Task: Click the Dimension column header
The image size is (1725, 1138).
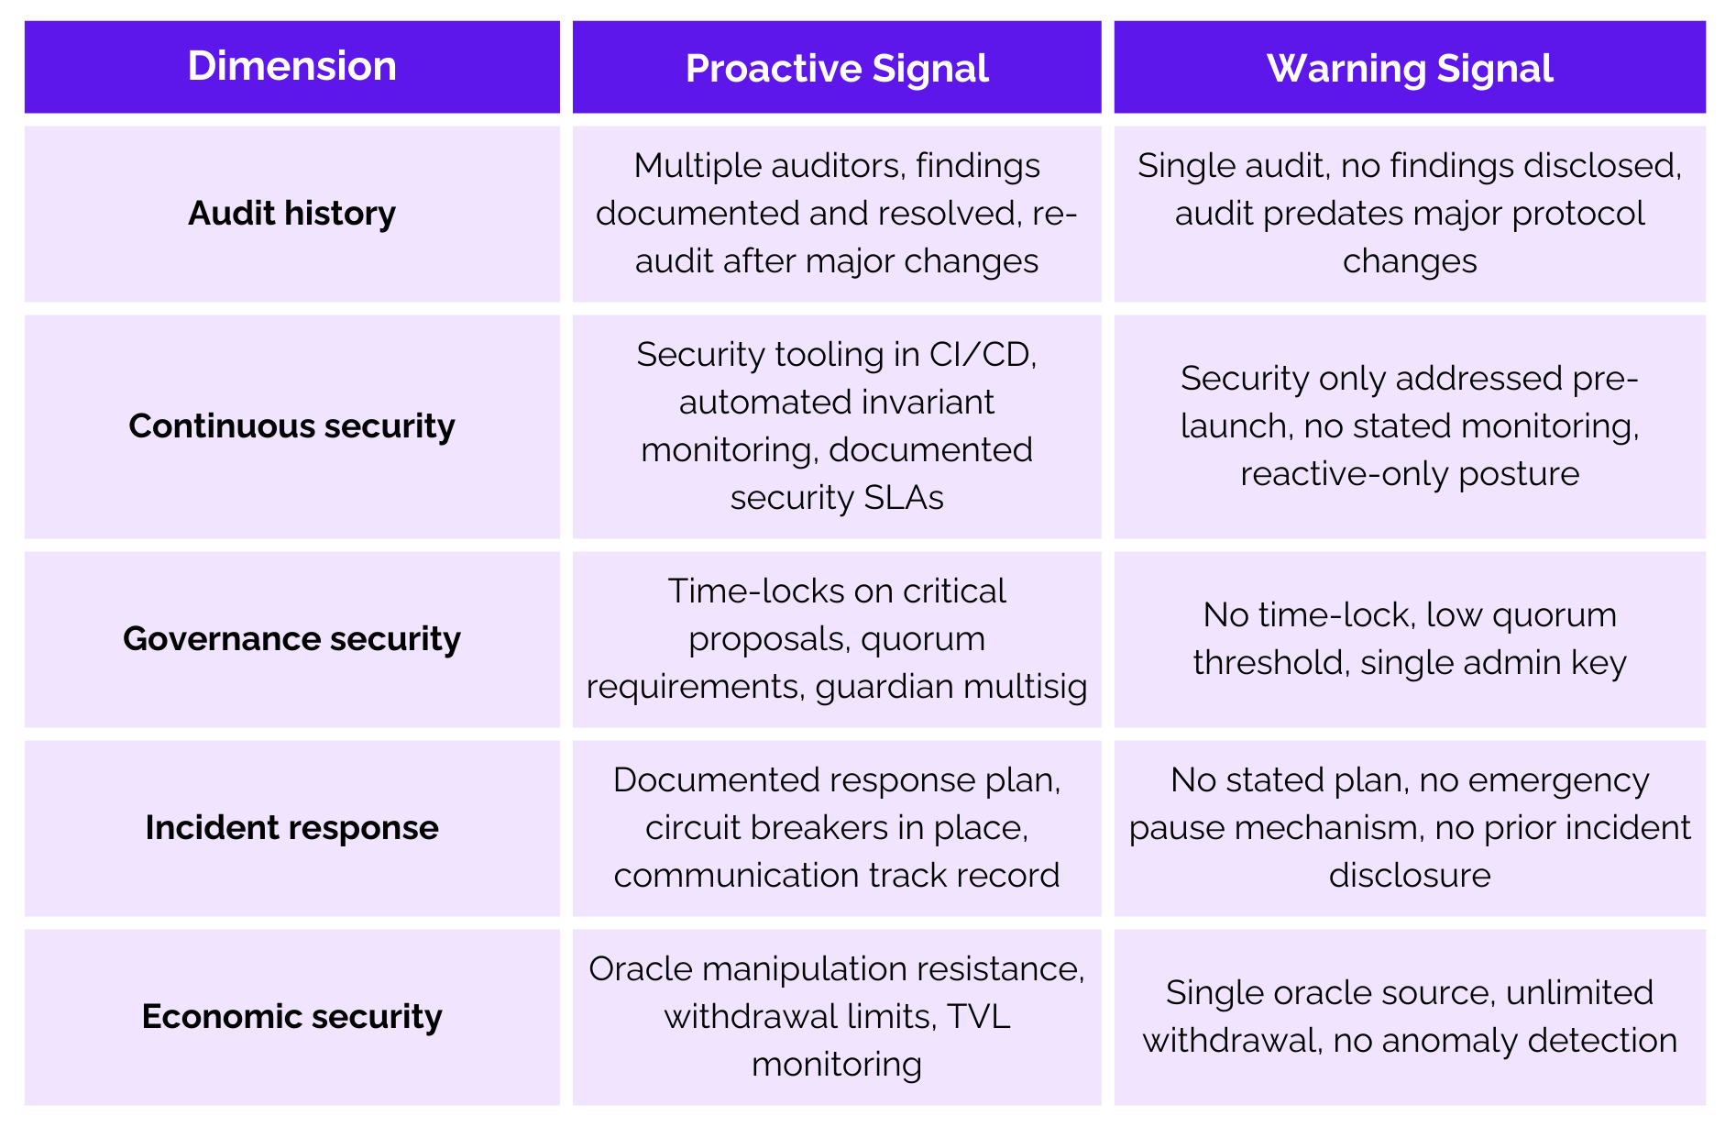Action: [x=291, y=66]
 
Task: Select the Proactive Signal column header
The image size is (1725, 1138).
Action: [x=837, y=69]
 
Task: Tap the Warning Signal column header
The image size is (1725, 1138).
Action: [x=1410, y=69]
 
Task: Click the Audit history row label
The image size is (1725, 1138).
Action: [x=291, y=213]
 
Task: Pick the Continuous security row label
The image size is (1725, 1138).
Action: [x=291, y=425]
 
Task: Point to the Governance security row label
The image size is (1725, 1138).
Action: [x=291, y=638]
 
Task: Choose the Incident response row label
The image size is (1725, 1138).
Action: [x=291, y=827]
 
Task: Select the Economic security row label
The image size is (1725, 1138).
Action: [x=291, y=1016]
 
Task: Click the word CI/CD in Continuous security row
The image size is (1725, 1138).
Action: [x=983, y=354]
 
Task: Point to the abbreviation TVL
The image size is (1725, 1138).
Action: [x=979, y=1016]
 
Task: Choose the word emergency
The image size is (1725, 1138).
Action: [x=1558, y=779]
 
